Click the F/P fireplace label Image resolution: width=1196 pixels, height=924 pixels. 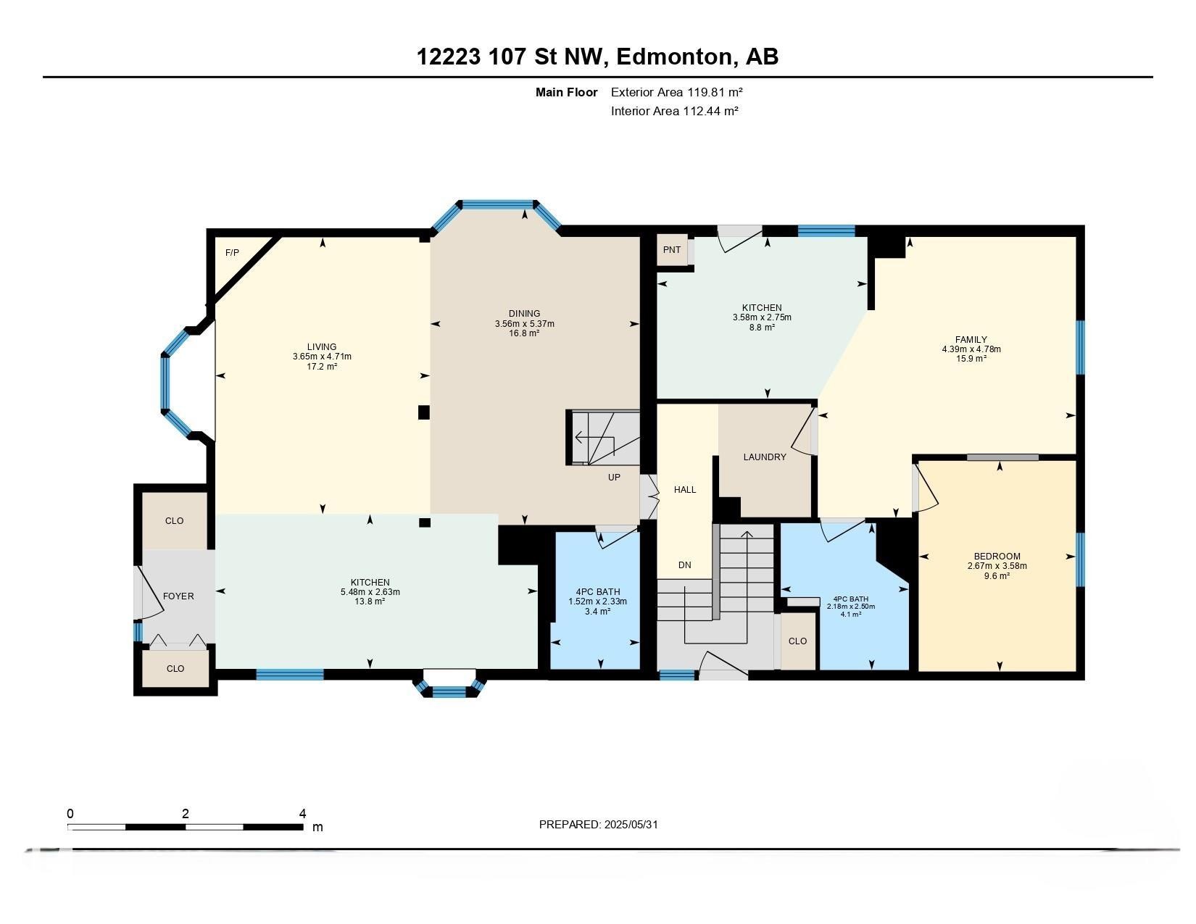tap(232, 253)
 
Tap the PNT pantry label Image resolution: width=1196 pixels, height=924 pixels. tap(671, 249)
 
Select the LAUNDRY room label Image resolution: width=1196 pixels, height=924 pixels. tap(765, 457)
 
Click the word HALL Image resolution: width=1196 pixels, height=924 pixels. tap(685, 489)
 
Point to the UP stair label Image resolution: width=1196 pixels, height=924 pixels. tap(614, 477)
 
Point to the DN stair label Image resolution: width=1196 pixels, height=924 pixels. tap(684, 565)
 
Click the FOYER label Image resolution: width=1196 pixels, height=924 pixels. tap(178, 596)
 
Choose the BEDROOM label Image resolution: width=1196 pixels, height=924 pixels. tap(997, 556)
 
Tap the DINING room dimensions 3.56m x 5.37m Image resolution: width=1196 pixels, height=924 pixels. tap(524, 324)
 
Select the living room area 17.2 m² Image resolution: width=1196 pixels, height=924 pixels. tap(321, 366)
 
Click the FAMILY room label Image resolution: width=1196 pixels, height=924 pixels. tap(971, 340)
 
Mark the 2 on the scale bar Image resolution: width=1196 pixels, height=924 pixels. tap(186, 813)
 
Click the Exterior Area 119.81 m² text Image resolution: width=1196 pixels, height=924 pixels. tap(676, 92)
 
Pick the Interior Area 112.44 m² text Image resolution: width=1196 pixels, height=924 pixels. tap(674, 111)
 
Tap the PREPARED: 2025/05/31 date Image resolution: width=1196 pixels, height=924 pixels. tap(598, 825)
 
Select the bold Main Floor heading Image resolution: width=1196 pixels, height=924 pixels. tap(566, 92)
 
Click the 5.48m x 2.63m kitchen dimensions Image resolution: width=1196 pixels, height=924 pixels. tap(370, 591)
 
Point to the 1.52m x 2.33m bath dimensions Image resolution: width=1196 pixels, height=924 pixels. tap(597, 601)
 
